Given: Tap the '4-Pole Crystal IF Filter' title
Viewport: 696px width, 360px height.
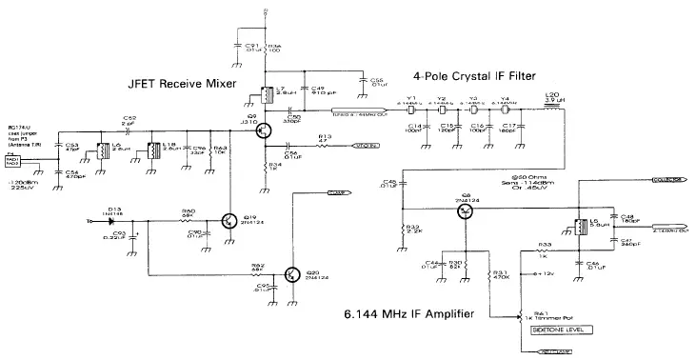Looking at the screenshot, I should click(486, 75).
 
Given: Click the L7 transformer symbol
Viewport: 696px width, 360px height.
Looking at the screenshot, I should click(269, 95).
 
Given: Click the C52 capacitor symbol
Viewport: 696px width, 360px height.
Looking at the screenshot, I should click(129, 128).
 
